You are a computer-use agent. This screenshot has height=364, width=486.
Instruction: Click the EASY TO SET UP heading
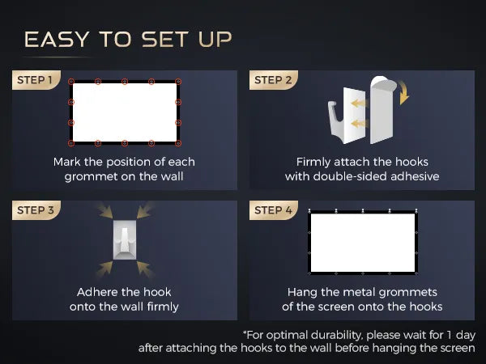click(x=128, y=40)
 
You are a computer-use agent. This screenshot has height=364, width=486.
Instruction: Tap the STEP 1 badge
click(x=36, y=80)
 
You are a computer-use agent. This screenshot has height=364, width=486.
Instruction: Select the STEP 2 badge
click(x=274, y=80)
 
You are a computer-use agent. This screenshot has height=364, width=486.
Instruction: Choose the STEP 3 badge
click(x=36, y=210)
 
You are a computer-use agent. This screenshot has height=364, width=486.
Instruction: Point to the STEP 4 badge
click(x=274, y=210)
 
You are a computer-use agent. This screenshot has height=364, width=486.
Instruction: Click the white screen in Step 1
click(x=125, y=112)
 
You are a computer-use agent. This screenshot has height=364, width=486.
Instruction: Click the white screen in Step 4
click(x=363, y=243)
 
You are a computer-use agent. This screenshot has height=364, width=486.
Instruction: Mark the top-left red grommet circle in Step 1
click(x=71, y=82)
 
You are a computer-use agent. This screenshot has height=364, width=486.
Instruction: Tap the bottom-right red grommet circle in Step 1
click(x=178, y=143)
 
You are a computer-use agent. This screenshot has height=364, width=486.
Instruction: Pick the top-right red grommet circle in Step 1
click(x=178, y=82)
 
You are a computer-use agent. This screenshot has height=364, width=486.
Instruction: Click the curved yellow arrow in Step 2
click(x=404, y=92)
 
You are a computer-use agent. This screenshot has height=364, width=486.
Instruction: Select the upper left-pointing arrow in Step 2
click(x=359, y=103)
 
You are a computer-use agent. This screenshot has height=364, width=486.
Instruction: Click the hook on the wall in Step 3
click(x=125, y=240)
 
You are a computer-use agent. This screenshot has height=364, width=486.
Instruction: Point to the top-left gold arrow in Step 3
click(x=104, y=210)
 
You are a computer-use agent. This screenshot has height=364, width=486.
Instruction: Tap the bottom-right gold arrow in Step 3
click(x=145, y=269)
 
